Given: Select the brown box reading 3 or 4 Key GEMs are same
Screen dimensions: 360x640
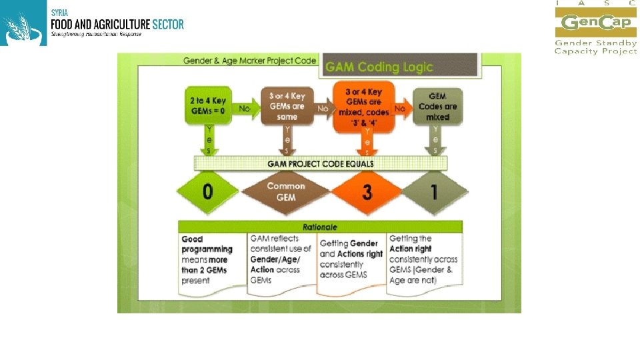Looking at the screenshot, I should point(287,107).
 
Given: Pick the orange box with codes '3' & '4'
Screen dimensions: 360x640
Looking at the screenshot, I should point(364,107).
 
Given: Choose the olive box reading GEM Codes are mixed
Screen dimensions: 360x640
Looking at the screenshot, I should point(438,107).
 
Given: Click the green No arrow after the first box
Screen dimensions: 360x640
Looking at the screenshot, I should point(245,108).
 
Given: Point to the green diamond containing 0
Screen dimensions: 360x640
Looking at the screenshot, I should point(208,192).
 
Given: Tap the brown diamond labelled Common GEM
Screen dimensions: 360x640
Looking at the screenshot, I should point(286,192).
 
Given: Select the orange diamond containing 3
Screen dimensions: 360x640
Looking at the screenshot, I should point(366,193).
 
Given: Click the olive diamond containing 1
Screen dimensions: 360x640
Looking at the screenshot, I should point(435,193).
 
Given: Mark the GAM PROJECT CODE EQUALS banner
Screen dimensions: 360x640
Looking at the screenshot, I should point(321,163).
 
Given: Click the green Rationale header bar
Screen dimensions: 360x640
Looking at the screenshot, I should point(320,227).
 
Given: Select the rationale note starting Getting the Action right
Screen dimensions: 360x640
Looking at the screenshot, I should point(424,260).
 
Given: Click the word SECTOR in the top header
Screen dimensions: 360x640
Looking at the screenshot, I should point(167,25).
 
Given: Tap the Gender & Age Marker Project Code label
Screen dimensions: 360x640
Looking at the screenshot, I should point(250,61).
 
